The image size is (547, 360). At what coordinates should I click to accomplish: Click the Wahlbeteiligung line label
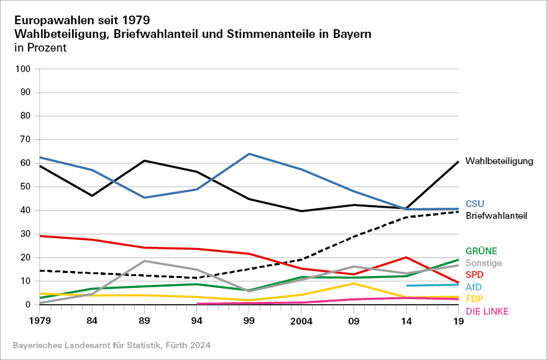pos(499,162)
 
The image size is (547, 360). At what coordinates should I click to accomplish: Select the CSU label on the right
pos(475,203)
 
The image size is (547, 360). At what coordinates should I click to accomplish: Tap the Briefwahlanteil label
pos(496,216)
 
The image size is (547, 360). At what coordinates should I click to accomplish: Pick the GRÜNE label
pos(481,251)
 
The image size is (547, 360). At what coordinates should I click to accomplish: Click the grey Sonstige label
pos(484,263)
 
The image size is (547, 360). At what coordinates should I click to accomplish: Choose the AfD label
pos(474,287)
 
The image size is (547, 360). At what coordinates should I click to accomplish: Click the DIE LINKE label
pos(487,310)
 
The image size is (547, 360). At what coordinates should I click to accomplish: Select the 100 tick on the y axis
pos(23,69)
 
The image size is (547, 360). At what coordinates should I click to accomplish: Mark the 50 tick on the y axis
pos(25,187)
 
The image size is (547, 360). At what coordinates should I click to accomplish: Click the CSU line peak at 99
pos(249,154)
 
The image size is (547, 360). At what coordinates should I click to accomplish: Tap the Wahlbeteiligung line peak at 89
pos(144,160)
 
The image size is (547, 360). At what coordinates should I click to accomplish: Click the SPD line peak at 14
pos(406,257)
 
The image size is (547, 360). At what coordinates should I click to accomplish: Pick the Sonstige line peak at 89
pos(144,261)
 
